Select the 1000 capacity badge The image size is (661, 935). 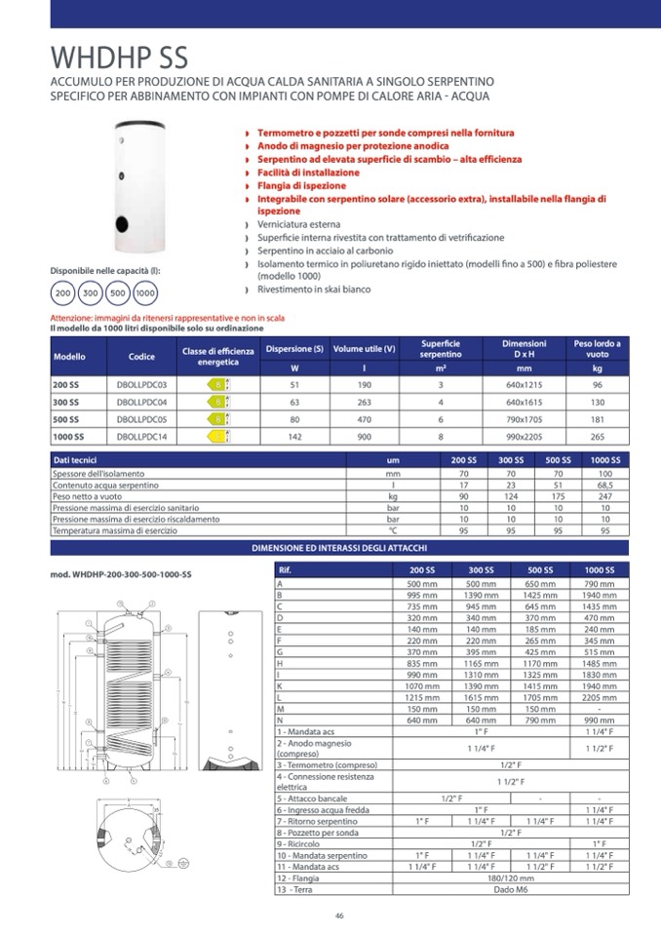(x=146, y=292)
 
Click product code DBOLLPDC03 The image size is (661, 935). (x=135, y=385)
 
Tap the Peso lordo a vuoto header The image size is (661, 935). (x=597, y=349)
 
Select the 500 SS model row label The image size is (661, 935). (x=65, y=419)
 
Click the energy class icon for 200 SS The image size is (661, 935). (x=219, y=385)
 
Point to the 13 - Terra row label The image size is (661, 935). (x=298, y=889)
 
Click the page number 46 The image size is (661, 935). (x=339, y=915)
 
